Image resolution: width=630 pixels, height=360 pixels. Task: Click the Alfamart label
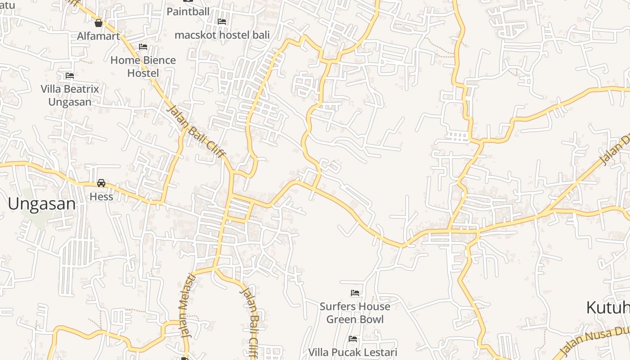[98, 36]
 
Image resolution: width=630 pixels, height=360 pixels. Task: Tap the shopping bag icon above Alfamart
[99, 23]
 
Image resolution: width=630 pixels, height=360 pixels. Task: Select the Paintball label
[188, 11]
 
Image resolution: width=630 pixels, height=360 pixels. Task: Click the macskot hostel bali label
[222, 35]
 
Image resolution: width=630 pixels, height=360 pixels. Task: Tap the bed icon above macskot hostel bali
[222, 21]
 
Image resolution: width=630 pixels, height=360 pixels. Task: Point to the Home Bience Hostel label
[143, 66]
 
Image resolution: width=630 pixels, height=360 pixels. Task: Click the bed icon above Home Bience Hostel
[143, 47]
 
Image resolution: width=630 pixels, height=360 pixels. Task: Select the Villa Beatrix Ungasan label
[70, 95]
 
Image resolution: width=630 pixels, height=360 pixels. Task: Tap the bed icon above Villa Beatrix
[70, 76]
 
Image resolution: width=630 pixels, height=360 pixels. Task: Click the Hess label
[101, 197]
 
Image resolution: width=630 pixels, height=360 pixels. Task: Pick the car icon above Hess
[101, 183]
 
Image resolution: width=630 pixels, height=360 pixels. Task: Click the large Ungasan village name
[42, 204]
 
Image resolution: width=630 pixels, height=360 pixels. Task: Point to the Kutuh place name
[607, 308]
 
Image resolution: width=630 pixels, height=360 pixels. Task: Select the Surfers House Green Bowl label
[355, 313]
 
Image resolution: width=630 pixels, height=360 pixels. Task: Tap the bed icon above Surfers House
[355, 293]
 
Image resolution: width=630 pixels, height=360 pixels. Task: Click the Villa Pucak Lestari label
[353, 352]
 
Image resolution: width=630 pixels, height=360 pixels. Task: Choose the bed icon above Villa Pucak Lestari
[353, 338]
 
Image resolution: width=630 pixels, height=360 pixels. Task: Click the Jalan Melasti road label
[188, 306]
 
